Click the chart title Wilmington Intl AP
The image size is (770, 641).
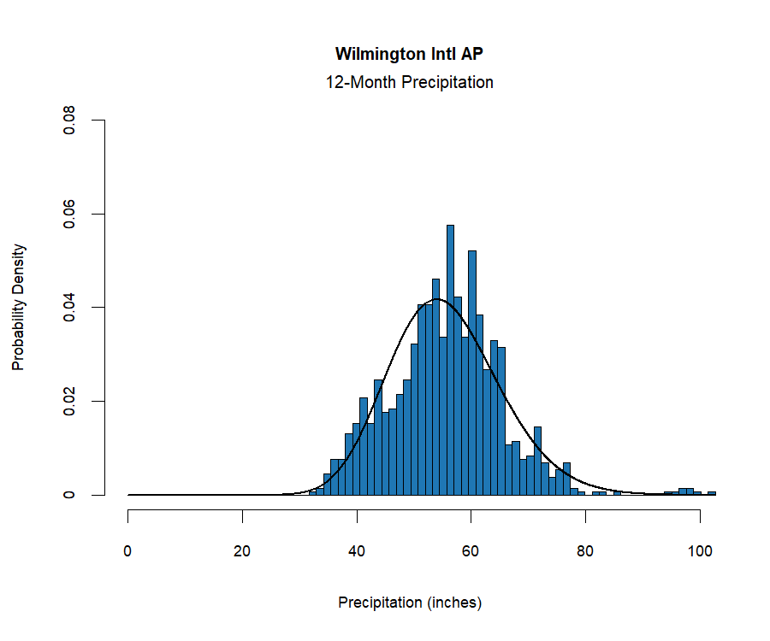pos(414,54)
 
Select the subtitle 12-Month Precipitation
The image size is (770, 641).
pos(409,83)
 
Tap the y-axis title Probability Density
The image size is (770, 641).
pos(19,307)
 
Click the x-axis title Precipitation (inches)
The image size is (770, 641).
pos(410,603)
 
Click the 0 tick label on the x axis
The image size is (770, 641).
pos(128,551)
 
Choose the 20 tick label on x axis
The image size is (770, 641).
pos(242,551)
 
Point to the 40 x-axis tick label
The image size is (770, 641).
pos(357,551)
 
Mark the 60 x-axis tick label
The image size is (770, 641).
pos(471,551)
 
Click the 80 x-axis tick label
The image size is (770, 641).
pos(585,551)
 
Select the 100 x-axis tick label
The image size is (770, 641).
pos(700,551)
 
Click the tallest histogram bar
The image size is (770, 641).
pos(450,359)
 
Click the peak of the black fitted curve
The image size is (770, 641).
pos(437,299)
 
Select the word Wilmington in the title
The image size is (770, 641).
pos(376,54)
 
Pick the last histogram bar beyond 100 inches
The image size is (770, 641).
pos(712,493)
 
